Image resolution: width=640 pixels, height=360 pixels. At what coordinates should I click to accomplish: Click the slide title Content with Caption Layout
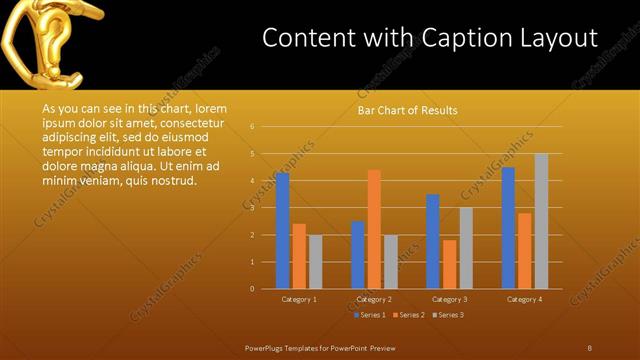430,38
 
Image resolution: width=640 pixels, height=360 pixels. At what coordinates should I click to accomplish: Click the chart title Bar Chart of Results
408,111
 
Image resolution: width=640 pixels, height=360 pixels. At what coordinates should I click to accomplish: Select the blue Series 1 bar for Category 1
282,230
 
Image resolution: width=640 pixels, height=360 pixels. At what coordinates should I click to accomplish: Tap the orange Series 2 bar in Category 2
374,229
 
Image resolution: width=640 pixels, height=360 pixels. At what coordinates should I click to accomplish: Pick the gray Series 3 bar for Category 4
541,221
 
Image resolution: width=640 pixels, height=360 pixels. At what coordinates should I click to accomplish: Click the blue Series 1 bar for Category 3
432,241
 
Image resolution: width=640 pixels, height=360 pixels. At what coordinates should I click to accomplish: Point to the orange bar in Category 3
449,264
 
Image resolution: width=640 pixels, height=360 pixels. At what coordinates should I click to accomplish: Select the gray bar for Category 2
390,262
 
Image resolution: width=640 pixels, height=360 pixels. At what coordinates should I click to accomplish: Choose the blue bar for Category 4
508,227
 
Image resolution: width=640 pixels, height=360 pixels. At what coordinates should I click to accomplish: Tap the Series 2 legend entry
407,315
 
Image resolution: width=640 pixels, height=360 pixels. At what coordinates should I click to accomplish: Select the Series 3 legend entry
448,315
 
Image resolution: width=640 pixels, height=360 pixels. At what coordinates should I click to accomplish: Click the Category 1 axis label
299,299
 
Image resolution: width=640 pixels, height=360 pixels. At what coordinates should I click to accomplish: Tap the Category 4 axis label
524,299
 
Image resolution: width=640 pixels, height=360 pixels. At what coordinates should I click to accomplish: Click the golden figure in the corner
45,40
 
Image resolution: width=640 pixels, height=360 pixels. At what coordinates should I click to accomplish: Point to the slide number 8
589,347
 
